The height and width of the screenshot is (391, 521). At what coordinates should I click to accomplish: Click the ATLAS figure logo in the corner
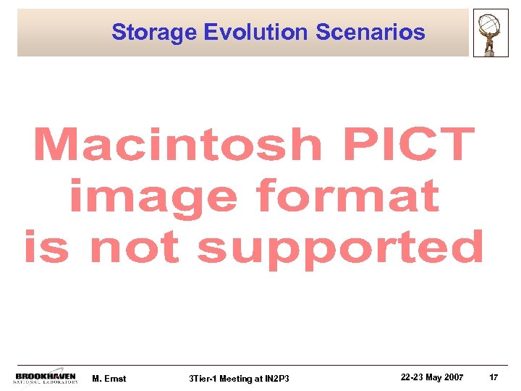pyautogui.click(x=491, y=33)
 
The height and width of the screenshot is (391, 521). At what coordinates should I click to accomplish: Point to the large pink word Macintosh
pyautogui.click(x=177, y=144)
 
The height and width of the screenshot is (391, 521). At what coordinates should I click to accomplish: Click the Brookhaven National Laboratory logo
pyautogui.click(x=46, y=378)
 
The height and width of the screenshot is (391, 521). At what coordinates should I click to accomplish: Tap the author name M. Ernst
pyautogui.click(x=110, y=379)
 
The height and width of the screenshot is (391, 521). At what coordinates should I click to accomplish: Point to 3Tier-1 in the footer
pyautogui.click(x=201, y=379)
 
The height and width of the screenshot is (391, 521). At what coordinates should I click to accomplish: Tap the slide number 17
pyautogui.click(x=494, y=378)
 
